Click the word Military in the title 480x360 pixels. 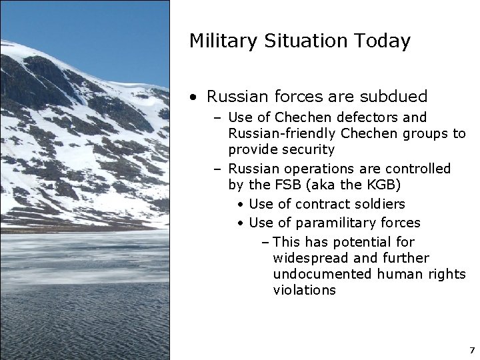coord(220,41)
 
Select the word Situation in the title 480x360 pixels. coord(306,41)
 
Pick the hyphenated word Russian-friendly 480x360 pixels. coord(279,134)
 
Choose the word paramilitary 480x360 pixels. coord(331,223)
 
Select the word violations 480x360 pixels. coord(304,290)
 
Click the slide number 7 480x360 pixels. coord(471,349)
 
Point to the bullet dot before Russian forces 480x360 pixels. coord(193,97)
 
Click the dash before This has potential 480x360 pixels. coord(265,242)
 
